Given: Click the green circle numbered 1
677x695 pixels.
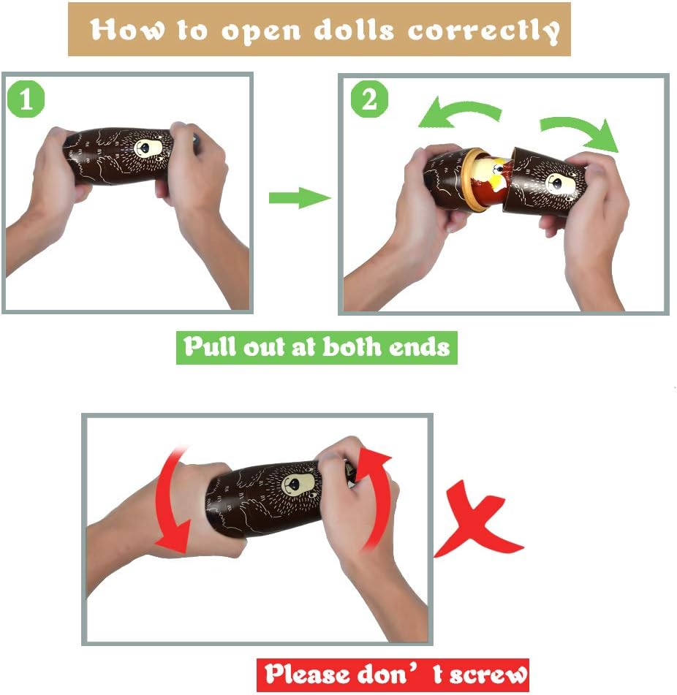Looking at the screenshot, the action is click(x=26, y=99).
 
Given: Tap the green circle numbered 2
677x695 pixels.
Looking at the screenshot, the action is click(x=369, y=99).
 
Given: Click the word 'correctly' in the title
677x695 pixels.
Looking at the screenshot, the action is click(x=484, y=30).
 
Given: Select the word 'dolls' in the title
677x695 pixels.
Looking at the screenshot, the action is click(x=354, y=30).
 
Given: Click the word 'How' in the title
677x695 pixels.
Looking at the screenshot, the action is click(x=126, y=30).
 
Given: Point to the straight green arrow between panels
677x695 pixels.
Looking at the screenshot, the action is click(x=300, y=198).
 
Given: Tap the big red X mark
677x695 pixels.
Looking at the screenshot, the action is click(x=479, y=520).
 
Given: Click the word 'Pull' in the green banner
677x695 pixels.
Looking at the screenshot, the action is click(x=210, y=346).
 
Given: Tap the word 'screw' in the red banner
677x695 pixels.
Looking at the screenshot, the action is click(x=488, y=674).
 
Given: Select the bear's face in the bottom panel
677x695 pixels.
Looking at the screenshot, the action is click(x=299, y=485).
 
